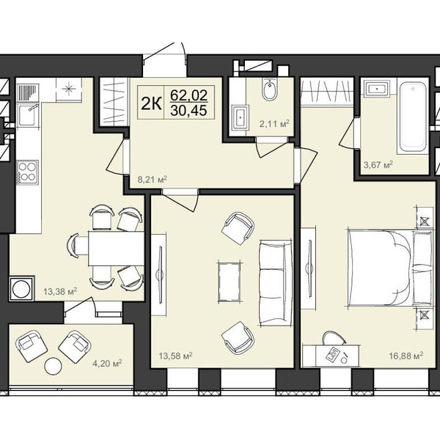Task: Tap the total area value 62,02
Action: [x=189, y=95]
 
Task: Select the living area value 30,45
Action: [x=189, y=110]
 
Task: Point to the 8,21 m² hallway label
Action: [x=152, y=179]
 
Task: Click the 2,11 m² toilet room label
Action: [x=274, y=123]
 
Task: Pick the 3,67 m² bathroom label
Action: [x=378, y=164]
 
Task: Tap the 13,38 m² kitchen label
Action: [x=60, y=291]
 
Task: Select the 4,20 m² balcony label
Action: [x=107, y=364]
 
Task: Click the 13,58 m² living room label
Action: [x=175, y=356]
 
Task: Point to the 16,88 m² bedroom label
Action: [x=406, y=356]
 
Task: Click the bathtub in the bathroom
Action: [x=412, y=116]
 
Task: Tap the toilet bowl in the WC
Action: [x=270, y=89]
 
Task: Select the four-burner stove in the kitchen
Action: [x=27, y=172]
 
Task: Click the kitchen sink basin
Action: [x=26, y=115]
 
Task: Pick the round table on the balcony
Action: [x=53, y=366]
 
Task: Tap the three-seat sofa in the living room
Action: [x=275, y=284]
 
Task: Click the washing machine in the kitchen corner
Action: [x=21, y=288]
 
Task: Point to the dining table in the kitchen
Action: [x=116, y=249]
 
